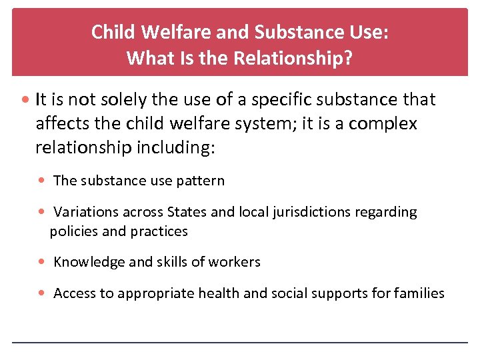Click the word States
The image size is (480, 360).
click(x=187, y=213)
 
